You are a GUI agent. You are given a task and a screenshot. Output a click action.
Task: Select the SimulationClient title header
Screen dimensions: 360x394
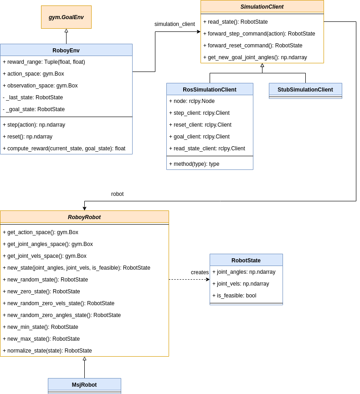(x=262, y=6)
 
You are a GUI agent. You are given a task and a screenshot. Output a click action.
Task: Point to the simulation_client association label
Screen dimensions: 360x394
(x=175, y=24)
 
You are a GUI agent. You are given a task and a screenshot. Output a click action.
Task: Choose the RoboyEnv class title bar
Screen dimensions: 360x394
(x=66, y=50)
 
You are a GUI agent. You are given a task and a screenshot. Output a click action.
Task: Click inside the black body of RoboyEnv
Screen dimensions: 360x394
(x=66, y=105)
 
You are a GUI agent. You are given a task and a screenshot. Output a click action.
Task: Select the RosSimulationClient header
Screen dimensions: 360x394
(x=210, y=89)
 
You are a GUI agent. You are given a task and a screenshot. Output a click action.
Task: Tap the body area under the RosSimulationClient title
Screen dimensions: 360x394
(x=210, y=132)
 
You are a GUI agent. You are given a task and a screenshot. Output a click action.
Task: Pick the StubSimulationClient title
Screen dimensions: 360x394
(x=305, y=89)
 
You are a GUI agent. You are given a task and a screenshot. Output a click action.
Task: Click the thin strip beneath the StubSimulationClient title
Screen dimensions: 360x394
(x=305, y=97)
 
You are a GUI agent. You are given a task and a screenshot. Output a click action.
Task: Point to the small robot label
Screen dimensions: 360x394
(x=117, y=194)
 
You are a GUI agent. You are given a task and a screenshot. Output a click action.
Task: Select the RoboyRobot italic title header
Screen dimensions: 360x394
(x=84, y=217)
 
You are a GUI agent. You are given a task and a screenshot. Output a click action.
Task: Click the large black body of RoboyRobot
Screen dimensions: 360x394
(x=84, y=289)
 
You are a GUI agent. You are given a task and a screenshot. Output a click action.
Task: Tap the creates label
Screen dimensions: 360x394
(x=200, y=272)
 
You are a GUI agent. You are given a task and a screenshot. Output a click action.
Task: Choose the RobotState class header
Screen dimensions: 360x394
(x=246, y=260)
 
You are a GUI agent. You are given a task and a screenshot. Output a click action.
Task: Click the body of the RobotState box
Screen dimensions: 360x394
(x=246, y=285)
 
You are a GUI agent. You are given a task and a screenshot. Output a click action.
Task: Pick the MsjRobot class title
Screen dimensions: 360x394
(x=84, y=384)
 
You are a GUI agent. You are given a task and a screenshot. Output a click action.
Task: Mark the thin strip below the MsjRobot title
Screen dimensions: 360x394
(x=84, y=392)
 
